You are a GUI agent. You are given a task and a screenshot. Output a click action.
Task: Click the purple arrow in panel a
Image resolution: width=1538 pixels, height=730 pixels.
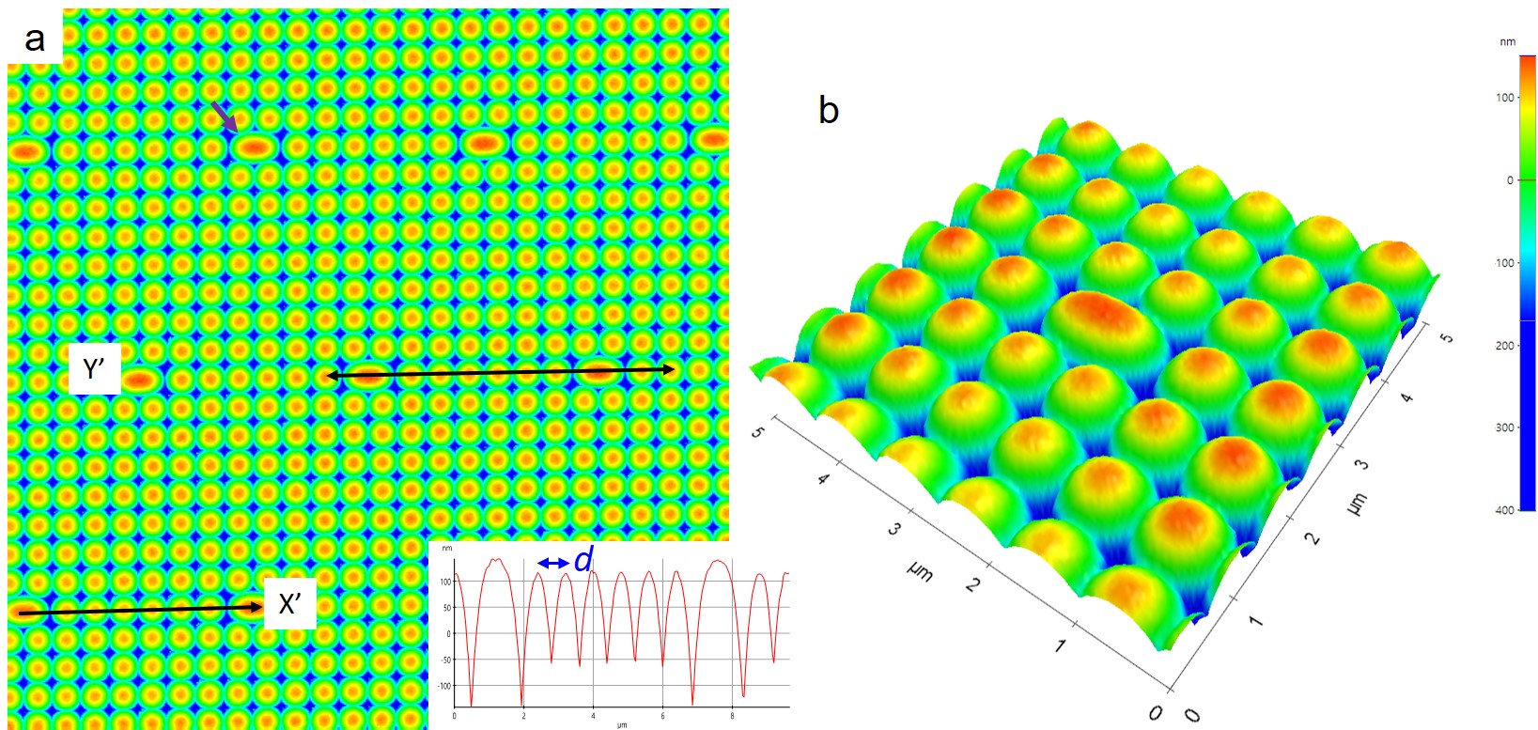pos(224,116)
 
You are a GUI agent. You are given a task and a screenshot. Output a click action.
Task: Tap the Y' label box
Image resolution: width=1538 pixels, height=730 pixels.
pos(94,369)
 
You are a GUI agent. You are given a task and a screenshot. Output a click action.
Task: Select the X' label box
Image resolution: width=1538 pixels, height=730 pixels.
pos(290,605)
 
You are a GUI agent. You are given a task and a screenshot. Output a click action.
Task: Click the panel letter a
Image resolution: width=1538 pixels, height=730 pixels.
pos(35,39)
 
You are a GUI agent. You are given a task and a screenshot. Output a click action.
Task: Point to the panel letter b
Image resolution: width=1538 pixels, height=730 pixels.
pos(828,111)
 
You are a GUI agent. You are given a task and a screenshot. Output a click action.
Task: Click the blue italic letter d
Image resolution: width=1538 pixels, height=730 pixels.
pos(583,561)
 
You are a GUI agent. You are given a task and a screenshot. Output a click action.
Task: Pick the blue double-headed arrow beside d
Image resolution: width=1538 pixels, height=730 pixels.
pos(553,563)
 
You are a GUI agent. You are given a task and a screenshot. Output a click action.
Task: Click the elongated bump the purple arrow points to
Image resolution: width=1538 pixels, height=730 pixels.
pos(254,147)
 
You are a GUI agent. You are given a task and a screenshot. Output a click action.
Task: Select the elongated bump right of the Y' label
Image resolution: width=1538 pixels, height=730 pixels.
pos(140,380)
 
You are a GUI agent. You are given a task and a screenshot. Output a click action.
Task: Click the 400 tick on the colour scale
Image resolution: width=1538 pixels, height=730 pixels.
pos(1504,510)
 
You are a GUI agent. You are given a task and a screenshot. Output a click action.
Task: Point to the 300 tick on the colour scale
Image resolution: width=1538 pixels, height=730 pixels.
pos(1504,427)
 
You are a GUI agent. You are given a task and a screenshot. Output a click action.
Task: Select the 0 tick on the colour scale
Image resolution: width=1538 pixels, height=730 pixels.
pos(1510,180)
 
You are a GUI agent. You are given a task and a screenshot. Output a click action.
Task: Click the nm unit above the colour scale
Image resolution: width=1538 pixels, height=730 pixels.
pos(1507,42)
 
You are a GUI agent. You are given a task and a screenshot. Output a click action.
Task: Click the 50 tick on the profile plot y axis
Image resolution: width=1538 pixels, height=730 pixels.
pos(446,608)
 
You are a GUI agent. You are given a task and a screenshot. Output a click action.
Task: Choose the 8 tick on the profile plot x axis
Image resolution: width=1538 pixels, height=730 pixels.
pos(733,716)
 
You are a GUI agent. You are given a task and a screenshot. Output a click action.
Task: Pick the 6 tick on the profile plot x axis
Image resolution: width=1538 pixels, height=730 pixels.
pos(663,716)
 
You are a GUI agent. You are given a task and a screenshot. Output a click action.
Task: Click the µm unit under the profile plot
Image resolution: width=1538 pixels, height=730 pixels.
pos(621,724)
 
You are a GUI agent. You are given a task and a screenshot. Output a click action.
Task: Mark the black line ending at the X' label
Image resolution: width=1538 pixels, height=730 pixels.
pos(141,611)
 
